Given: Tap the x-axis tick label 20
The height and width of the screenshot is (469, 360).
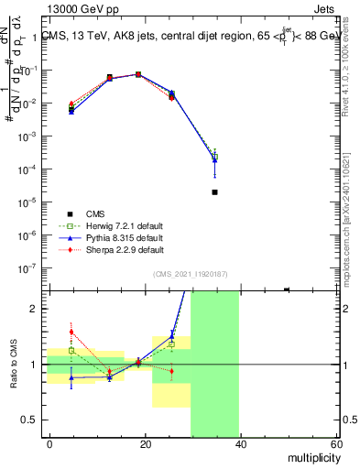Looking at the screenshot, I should coord(145,444).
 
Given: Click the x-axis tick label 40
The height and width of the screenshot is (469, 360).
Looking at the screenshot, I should coord(240,444).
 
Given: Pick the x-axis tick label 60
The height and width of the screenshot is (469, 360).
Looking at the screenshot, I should coord(334,444).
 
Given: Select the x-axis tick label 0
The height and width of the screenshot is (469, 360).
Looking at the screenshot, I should coord(50,444).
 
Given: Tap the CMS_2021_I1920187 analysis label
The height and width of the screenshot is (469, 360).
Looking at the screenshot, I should coord(189,274).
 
